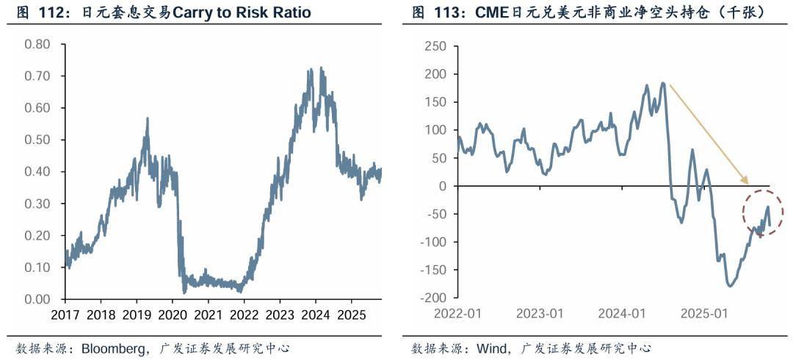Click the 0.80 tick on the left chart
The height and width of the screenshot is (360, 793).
click(37, 45)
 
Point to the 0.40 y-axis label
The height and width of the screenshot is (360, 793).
click(37, 172)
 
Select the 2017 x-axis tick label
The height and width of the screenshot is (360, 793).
click(65, 313)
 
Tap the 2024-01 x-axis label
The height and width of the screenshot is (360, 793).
click(620, 313)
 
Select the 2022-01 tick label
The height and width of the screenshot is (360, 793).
click(457, 313)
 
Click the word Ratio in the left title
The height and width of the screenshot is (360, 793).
click(291, 12)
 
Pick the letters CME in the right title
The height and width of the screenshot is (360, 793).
click(485, 12)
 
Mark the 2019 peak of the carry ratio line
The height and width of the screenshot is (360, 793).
click(148, 118)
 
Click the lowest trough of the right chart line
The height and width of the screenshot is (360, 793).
click(730, 286)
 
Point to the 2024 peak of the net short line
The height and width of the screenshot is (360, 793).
click(663, 83)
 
